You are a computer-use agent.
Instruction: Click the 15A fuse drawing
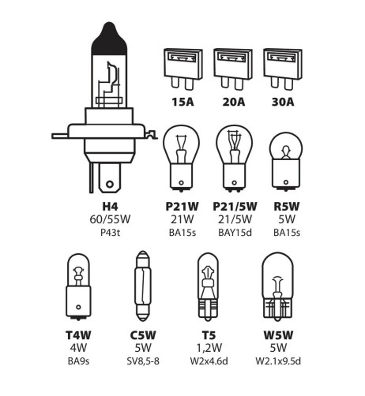coord(183,69)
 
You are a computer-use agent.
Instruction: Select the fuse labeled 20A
coord(233,69)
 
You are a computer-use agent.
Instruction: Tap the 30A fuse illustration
coord(283,69)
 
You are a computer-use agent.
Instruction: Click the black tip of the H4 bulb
coord(109,39)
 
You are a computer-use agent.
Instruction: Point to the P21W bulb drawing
coord(181,159)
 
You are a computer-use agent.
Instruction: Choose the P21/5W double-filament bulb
coord(234,159)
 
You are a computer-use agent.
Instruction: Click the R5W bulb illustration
coord(286,162)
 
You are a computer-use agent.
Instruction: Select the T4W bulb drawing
coord(78,287)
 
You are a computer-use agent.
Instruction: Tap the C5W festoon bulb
coord(143,286)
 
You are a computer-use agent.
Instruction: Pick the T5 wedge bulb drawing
coord(208,286)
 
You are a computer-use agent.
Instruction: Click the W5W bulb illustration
coord(277,286)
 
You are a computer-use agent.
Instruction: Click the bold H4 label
coord(110,207)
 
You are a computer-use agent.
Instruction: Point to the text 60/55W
coord(110,219)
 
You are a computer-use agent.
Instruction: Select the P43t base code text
coord(111,233)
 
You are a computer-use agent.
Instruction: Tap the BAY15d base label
coord(235,233)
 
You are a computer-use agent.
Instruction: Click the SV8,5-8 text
coord(143,361)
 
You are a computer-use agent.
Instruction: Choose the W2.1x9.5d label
coord(278,361)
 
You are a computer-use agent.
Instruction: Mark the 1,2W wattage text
coord(209,348)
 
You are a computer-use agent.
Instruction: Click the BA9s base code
coord(78,361)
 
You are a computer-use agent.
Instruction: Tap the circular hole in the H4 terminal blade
coord(110,184)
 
